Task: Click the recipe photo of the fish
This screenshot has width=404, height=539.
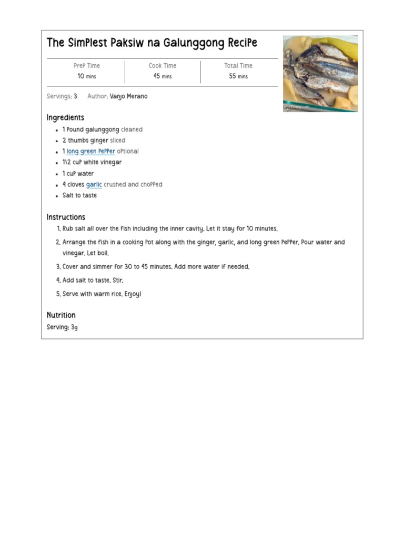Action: (320, 74)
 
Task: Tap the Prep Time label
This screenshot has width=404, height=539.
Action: (87, 66)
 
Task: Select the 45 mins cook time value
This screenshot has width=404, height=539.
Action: (163, 76)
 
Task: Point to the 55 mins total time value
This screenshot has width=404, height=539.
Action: (238, 76)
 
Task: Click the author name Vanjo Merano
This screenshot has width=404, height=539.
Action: (129, 97)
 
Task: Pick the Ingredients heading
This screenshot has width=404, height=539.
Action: (65, 117)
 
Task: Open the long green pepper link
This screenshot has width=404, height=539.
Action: (90, 152)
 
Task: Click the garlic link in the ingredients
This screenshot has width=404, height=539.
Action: (94, 185)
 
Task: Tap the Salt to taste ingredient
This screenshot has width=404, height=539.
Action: (79, 196)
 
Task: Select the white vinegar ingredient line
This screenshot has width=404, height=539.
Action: (92, 163)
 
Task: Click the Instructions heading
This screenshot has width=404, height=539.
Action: (66, 217)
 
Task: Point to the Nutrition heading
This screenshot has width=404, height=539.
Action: (61, 315)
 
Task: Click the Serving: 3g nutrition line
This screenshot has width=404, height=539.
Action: (62, 327)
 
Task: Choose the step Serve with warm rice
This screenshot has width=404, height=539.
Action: (102, 294)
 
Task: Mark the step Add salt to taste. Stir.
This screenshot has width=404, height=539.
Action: (93, 281)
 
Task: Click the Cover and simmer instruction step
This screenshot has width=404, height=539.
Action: (156, 267)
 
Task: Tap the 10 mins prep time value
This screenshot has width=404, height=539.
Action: (87, 76)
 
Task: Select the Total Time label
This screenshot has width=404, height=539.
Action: (238, 66)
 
